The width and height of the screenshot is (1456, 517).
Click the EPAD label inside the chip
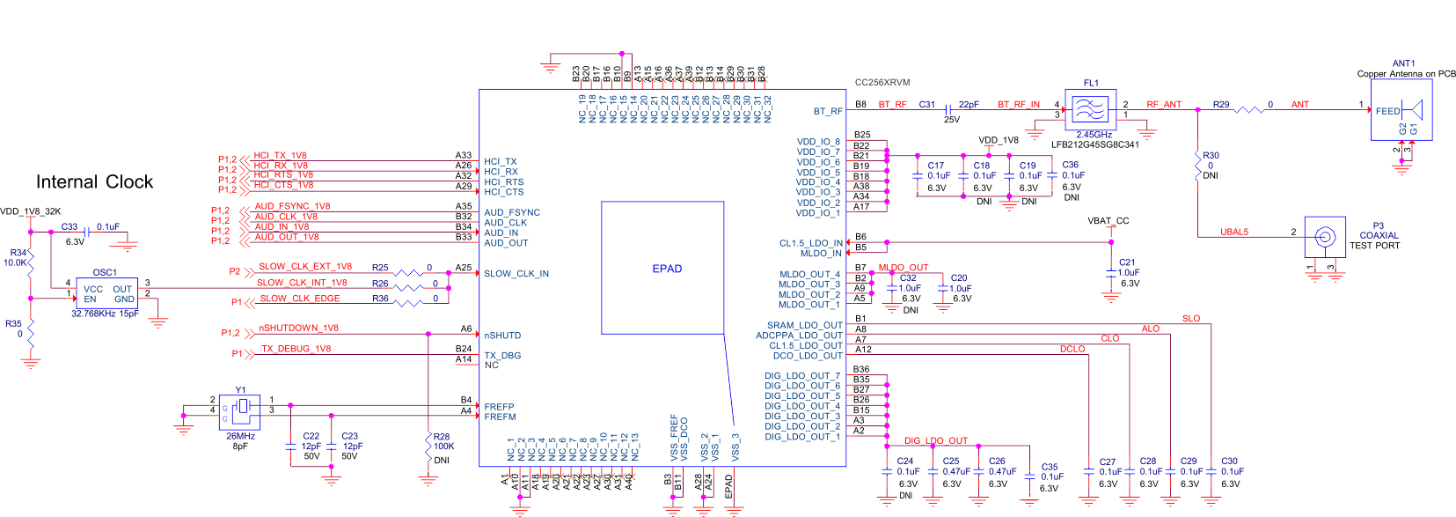point(667,269)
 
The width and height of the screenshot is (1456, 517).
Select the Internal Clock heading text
point(94,182)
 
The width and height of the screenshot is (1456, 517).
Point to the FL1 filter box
point(1091,109)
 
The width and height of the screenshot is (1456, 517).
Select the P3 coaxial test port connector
point(1324,237)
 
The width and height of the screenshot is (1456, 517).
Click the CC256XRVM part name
point(882,83)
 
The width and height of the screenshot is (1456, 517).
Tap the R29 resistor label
point(1221,104)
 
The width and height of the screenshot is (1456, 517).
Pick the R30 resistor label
point(1211,155)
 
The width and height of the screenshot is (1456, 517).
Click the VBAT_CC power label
point(1108,221)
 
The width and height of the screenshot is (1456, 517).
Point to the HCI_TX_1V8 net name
point(280,155)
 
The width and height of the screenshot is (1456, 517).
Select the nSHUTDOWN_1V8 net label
point(298,328)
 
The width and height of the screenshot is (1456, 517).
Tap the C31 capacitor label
point(927,104)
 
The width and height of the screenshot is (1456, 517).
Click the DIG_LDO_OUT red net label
point(935,440)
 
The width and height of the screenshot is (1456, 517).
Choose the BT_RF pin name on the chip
point(827,111)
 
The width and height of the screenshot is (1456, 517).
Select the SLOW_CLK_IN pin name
point(516,274)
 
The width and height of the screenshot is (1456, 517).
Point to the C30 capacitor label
point(1229,461)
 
